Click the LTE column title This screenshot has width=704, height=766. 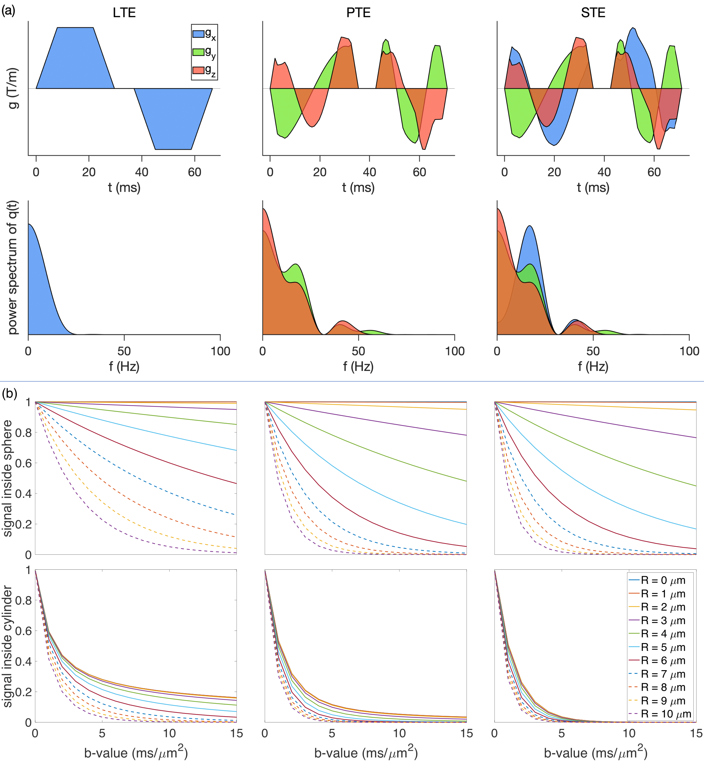point(124,12)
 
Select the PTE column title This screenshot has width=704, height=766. point(358,12)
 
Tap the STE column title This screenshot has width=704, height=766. point(593,12)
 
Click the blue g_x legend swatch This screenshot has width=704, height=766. point(198,34)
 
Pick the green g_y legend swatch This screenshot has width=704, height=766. point(198,52)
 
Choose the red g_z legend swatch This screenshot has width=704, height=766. point(198,70)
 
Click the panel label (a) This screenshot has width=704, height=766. point(8,11)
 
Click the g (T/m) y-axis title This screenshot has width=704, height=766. point(13,88)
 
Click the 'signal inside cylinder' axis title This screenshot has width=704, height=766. point(7,647)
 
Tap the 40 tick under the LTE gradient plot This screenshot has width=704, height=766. point(142,172)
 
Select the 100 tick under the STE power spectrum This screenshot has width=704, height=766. point(689,351)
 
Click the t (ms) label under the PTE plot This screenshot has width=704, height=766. point(358,187)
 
